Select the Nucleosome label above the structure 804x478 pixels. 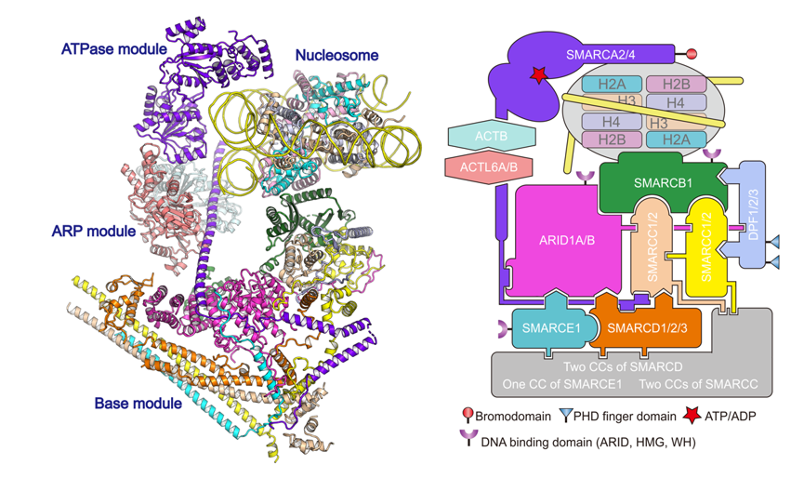point(336,56)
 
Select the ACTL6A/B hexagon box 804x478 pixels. point(490,167)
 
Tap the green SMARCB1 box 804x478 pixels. point(663,183)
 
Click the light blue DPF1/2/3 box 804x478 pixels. point(755,219)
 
